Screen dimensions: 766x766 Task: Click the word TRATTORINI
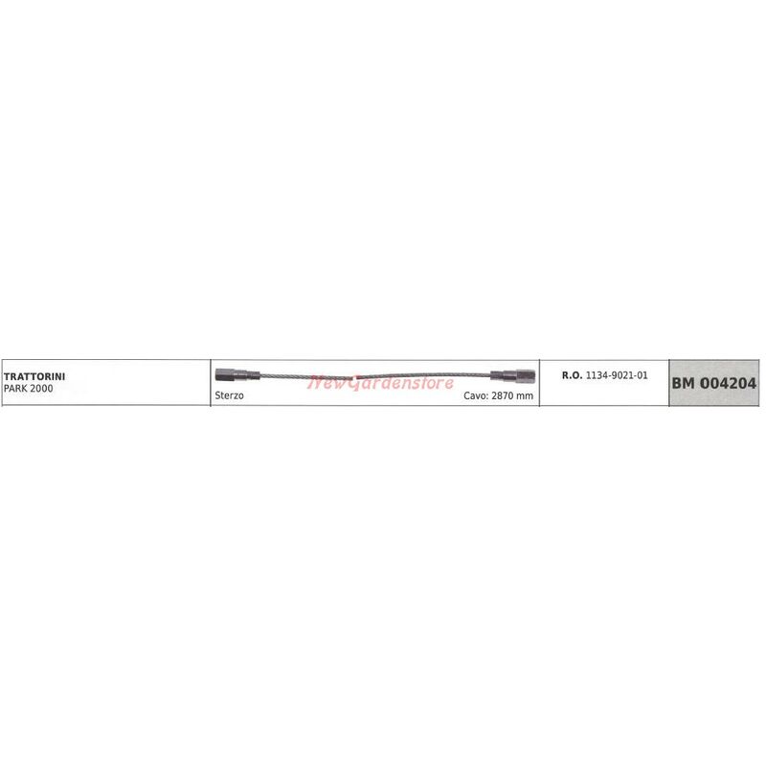(x=34, y=376)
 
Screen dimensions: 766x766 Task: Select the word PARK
(x=14, y=389)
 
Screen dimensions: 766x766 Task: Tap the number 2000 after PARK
(x=41, y=389)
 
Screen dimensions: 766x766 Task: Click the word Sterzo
(x=229, y=395)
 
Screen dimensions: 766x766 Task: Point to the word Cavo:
(x=476, y=395)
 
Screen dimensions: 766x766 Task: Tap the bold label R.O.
(x=572, y=375)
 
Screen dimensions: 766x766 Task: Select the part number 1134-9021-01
(x=617, y=375)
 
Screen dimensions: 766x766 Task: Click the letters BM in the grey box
(x=684, y=383)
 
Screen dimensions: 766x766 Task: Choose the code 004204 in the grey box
(x=729, y=383)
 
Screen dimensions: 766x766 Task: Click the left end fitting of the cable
(x=237, y=375)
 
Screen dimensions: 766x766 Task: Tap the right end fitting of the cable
(x=513, y=375)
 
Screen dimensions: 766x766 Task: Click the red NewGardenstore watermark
(x=380, y=382)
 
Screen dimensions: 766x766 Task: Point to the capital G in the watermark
(x=354, y=383)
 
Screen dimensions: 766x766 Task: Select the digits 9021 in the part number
(x=617, y=375)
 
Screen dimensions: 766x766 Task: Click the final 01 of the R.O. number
(x=641, y=375)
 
